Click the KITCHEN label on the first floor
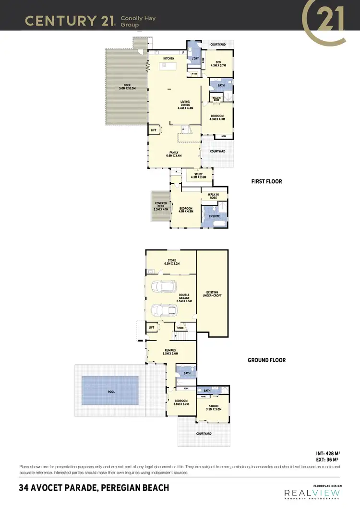(x=168, y=59)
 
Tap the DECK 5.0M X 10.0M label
(x=127, y=87)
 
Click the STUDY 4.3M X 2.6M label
(x=198, y=176)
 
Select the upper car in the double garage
(x=164, y=287)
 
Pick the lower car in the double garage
(x=164, y=310)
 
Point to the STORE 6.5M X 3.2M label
(x=171, y=262)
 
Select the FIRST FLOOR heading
(x=266, y=182)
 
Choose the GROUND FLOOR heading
(x=266, y=360)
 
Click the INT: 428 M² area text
(x=327, y=452)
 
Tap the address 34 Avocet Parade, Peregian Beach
(x=94, y=488)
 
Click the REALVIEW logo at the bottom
(x=312, y=493)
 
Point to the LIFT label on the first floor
(x=154, y=130)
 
